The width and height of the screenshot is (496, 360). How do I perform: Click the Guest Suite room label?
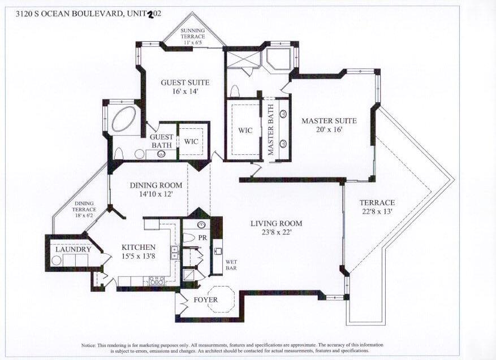[185, 83]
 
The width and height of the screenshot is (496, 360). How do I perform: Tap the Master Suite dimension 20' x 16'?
[329, 129]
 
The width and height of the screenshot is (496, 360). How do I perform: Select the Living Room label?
[276, 224]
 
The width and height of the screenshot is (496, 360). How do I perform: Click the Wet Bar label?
[231, 265]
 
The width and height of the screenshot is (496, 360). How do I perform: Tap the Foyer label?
[206, 300]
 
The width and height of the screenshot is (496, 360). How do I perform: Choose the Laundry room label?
[73, 249]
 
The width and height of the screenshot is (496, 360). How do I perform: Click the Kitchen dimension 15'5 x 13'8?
[138, 256]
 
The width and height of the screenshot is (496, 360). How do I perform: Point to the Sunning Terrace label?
[193, 36]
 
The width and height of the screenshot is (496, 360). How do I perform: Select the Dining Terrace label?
[84, 209]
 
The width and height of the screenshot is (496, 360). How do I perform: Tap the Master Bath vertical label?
[270, 129]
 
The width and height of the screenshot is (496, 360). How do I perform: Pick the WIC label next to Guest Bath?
[191, 141]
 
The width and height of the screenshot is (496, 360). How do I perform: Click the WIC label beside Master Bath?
[245, 130]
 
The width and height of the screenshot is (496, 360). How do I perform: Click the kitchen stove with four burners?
[157, 280]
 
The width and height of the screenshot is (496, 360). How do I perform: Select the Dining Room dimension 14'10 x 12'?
[156, 194]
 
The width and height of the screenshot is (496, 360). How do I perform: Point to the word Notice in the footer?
[89, 345]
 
